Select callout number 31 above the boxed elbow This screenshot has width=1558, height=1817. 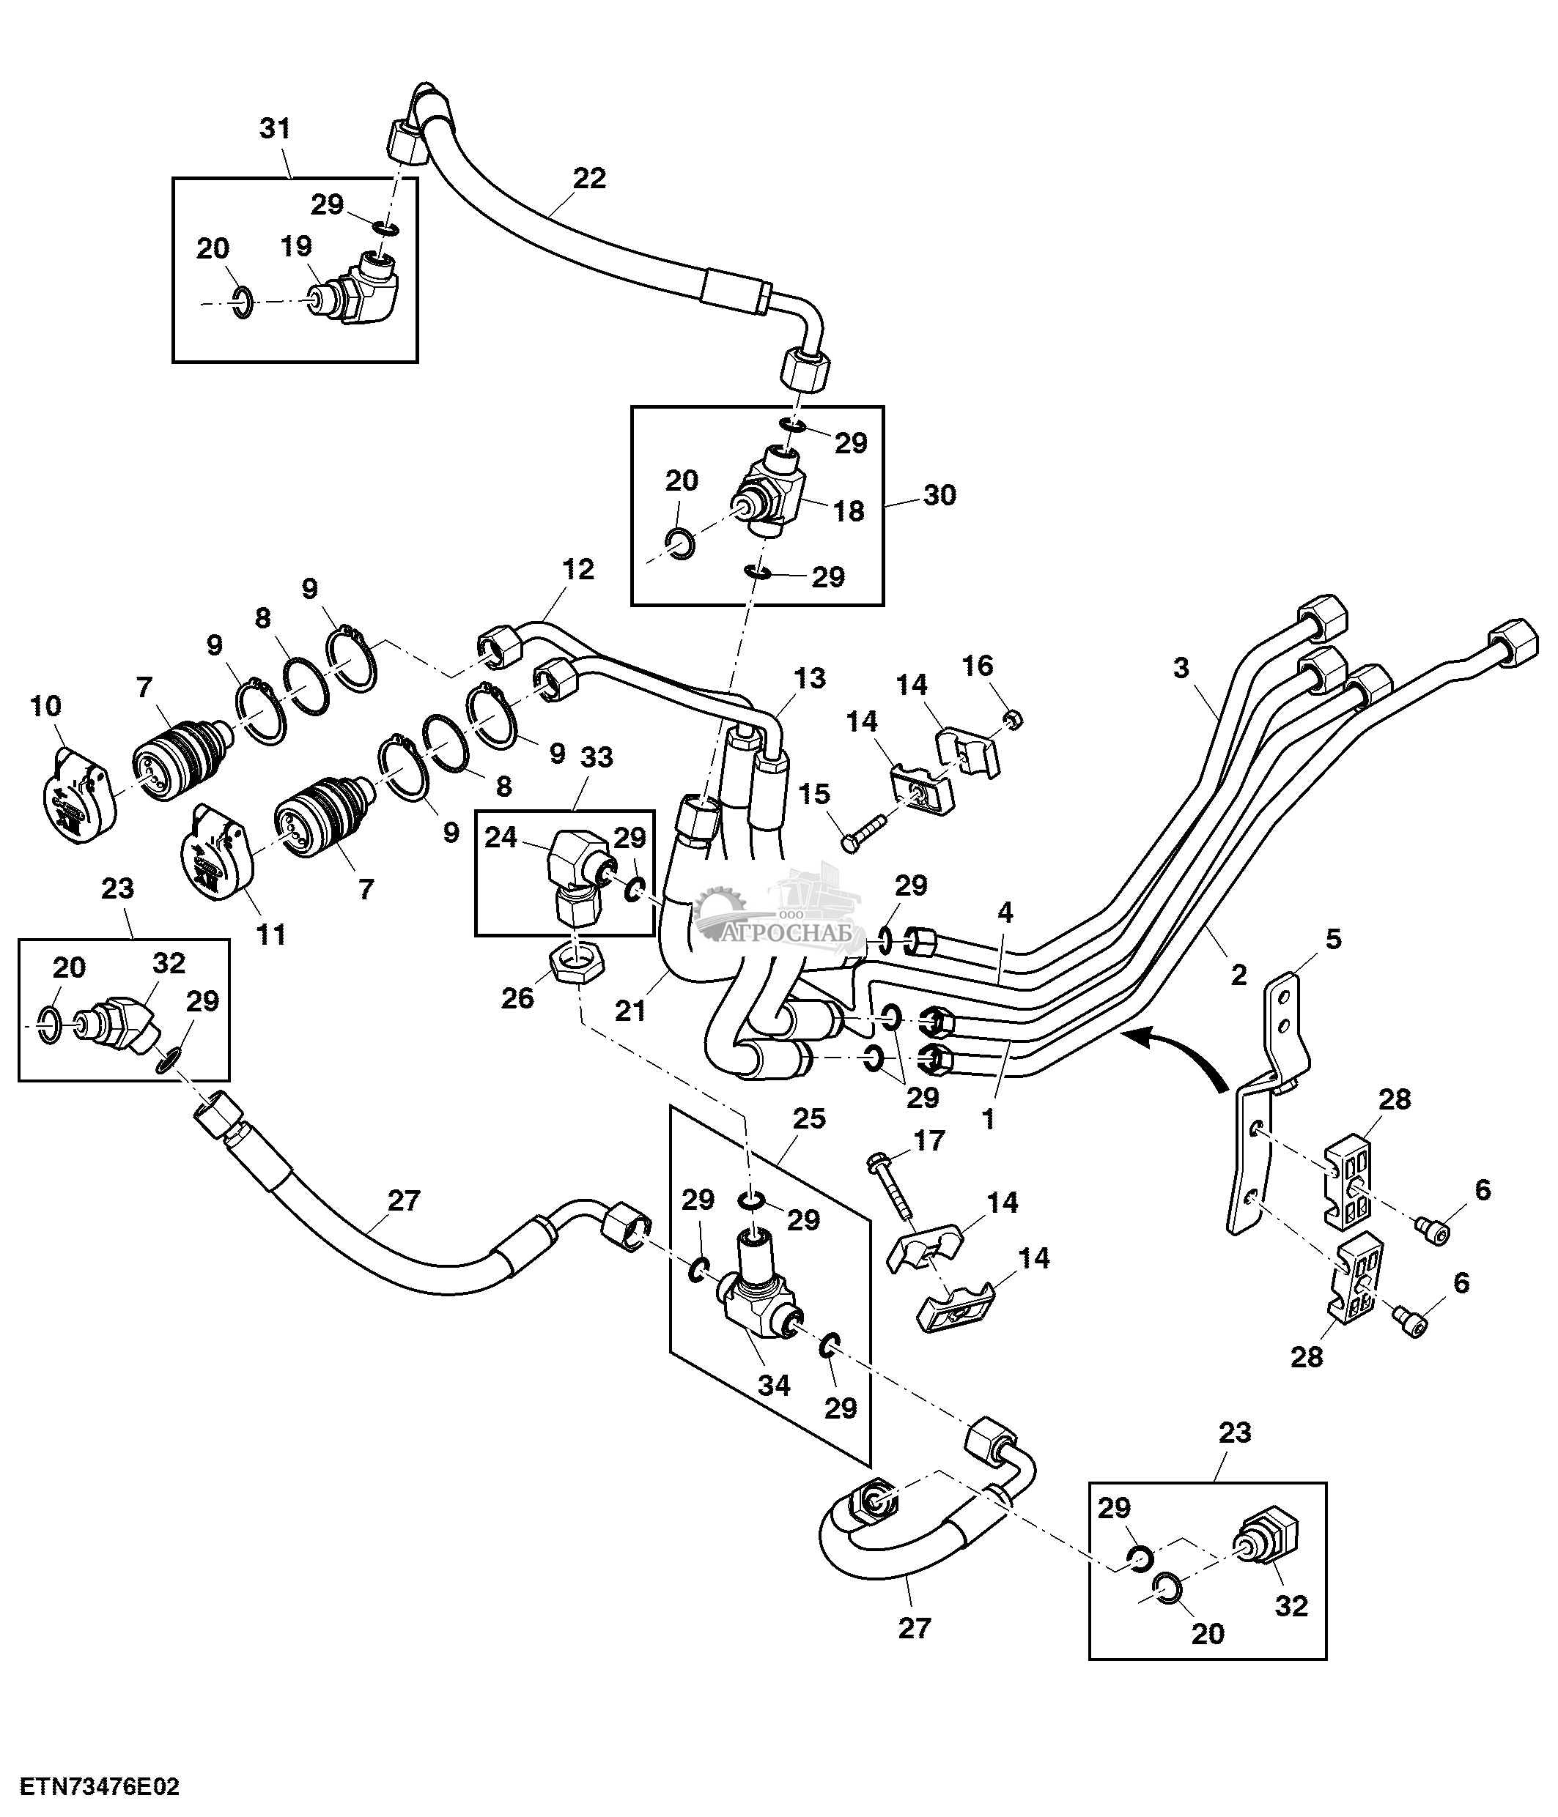tap(275, 129)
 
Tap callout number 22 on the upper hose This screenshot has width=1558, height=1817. tap(588, 179)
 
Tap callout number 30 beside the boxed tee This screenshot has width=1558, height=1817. tap(939, 496)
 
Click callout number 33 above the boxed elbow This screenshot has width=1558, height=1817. tap(597, 757)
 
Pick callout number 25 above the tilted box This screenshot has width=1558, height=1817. tap(808, 1119)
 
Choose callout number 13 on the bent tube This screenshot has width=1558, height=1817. tap(809, 678)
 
